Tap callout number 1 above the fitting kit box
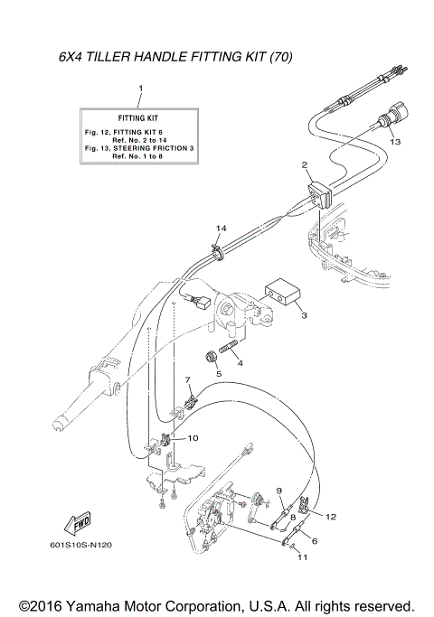pyautogui.click(x=140, y=89)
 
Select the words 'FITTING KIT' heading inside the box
pyautogui.click(x=139, y=118)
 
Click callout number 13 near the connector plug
pyautogui.click(x=394, y=143)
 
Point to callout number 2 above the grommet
pyautogui.click(x=305, y=164)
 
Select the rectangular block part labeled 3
pyautogui.click(x=279, y=294)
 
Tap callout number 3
pyautogui.click(x=304, y=316)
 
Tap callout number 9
pyautogui.click(x=279, y=491)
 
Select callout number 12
pyautogui.click(x=331, y=517)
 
